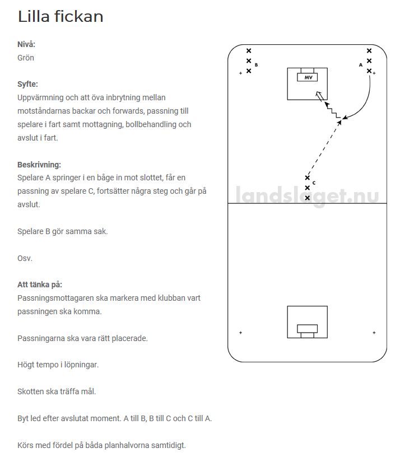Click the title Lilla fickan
coord(61,17)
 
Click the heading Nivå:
coord(30,44)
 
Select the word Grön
coord(26,58)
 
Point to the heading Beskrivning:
coord(39,165)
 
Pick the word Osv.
coord(25,258)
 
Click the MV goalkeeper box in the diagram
coord(308,77)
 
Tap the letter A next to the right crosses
coord(361,65)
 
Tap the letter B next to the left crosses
coord(256,65)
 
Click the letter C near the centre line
coord(314,183)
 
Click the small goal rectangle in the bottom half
coord(307,329)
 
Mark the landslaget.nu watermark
coord(307,196)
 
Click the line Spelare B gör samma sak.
coord(63,231)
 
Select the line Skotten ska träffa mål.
coord(57,391)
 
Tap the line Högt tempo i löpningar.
coord(58,365)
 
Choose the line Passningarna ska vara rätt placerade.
coord(82,338)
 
